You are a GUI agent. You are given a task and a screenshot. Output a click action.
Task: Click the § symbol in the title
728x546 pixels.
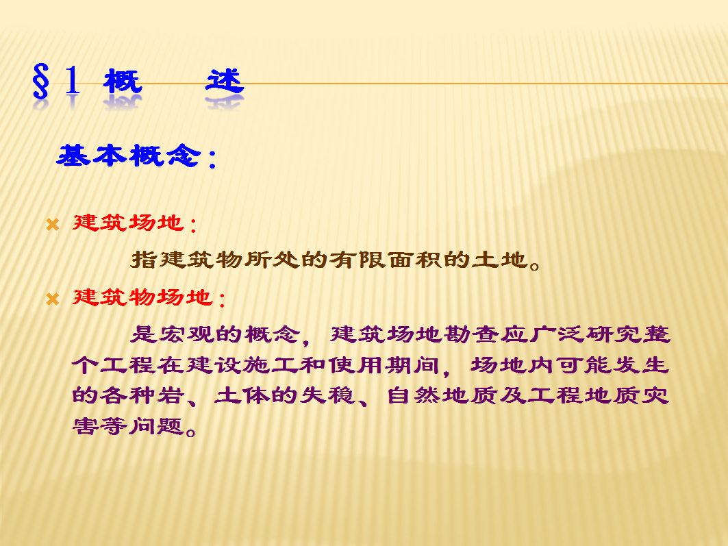[41, 82]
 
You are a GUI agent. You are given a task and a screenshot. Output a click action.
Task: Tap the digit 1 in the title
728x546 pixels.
[73, 80]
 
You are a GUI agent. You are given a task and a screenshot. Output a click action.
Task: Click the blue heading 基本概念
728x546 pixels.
[129, 155]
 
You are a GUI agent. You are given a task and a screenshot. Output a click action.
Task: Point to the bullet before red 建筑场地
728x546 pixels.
[53, 225]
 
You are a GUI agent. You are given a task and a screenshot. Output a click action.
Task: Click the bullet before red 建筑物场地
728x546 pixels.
[53, 299]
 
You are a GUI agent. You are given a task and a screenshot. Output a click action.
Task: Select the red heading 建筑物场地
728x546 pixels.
[143, 297]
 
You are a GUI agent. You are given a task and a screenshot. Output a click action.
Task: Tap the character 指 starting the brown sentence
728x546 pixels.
[143, 259]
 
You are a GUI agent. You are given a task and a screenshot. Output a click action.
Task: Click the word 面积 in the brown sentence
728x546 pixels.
[414, 259]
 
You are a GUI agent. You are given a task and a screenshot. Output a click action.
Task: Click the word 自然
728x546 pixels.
[414, 395]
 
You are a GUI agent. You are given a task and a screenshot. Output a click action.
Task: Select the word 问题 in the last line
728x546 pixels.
[157, 425]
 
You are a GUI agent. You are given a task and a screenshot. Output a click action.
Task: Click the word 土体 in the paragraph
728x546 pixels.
[242, 395]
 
